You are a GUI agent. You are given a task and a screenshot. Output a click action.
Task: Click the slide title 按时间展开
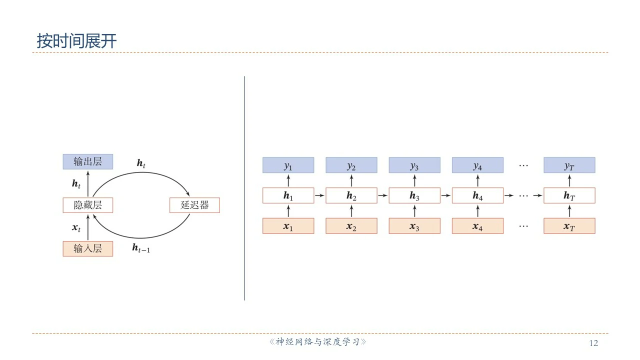coord(76,41)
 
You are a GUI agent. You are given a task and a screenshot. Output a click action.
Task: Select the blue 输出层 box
coord(87,161)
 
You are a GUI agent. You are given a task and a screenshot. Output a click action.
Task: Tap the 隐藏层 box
coord(87,205)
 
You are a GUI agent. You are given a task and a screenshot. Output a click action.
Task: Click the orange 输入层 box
coord(87,248)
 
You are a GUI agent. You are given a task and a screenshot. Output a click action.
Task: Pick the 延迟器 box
coord(194,205)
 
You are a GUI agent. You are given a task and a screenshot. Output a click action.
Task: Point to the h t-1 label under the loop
coord(141,247)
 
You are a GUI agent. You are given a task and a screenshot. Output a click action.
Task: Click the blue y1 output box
coord(288,165)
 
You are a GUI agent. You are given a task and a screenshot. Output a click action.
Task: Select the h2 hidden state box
coord(351,195)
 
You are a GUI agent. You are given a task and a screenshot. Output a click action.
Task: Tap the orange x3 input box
coord(414,226)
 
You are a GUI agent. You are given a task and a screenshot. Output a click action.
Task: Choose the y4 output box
coord(477,165)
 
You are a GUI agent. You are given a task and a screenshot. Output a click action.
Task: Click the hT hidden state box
coord(569,195)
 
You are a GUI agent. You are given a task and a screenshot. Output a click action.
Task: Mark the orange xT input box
coord(569,226)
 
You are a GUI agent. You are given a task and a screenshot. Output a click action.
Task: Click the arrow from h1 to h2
coord(320,195)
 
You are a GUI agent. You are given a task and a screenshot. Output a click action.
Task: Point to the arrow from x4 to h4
coord(477,210)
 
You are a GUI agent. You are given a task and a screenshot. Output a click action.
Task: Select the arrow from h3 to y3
coord(414,180)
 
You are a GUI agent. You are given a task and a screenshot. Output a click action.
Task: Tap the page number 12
coord(593,343)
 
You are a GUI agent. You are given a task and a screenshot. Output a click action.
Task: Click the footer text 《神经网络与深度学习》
coord(318,342)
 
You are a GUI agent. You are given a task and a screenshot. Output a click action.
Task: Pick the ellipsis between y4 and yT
coord(523,165)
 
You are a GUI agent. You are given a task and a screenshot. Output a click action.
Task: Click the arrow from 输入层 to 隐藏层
coord(87,227)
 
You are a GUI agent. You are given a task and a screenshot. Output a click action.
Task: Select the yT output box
coord(569,165)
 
